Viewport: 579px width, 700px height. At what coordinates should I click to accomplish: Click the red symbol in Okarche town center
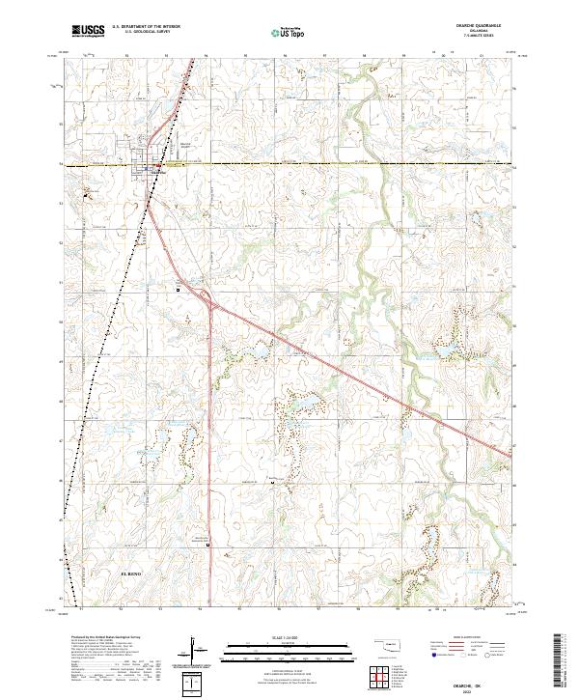157,166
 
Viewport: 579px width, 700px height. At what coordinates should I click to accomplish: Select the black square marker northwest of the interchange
179,288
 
